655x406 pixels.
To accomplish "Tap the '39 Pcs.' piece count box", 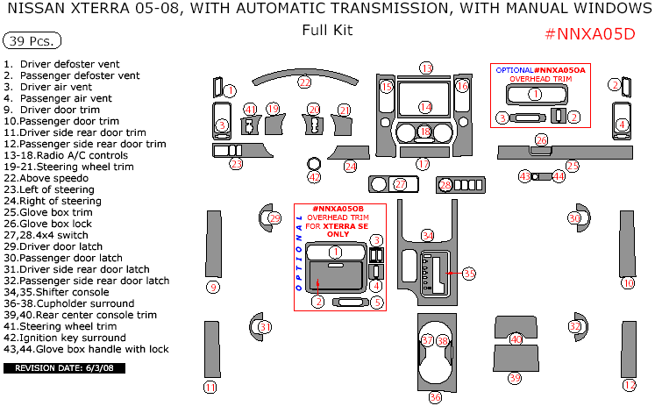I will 32,41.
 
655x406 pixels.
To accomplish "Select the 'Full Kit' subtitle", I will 327,30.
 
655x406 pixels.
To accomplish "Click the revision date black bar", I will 64,368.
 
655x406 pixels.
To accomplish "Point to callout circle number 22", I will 304,82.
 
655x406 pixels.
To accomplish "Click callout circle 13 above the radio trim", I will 426,68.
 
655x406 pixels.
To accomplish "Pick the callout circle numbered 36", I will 435,396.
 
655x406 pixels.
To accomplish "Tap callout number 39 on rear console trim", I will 515,378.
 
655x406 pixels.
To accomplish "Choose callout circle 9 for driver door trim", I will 212,287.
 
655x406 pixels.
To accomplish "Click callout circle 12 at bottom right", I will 629,385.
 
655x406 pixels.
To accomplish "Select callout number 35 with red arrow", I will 469,274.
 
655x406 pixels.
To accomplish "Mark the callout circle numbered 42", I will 314,177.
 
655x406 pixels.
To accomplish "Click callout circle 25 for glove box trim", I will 572,165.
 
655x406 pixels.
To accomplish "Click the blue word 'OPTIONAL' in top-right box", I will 514,69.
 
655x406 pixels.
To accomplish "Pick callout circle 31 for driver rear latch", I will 265,327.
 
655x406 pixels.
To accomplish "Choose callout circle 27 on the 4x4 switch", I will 400,185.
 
